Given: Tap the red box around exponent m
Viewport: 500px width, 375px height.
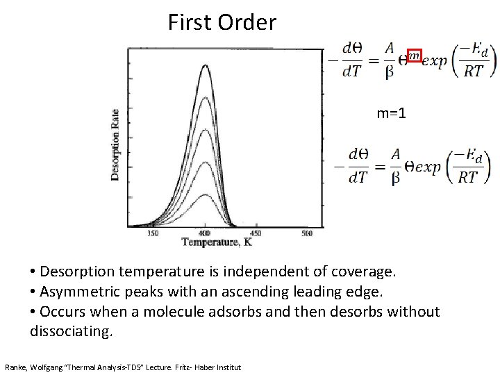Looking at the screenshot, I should [414, 56].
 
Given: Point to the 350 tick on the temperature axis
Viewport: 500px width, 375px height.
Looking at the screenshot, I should [153, 233].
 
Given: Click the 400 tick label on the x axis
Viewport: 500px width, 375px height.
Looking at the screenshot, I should [206, 233].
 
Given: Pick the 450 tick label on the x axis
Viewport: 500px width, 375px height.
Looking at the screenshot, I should [255, 233].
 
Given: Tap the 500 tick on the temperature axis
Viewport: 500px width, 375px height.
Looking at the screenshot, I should [306, 233].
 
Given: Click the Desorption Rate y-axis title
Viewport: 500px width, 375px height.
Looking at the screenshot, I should [115, 144].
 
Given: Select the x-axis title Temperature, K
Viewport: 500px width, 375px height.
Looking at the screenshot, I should [217, 243].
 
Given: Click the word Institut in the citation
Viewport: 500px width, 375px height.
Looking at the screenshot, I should [226, 366].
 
